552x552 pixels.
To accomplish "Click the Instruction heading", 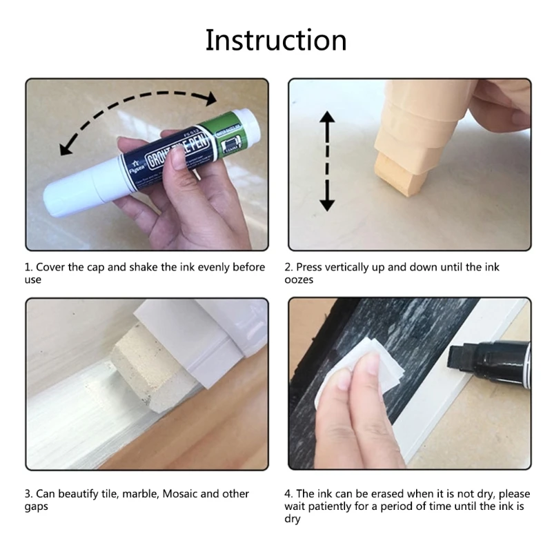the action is tap(276, 41).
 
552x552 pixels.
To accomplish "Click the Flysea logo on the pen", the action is tap(135, 166).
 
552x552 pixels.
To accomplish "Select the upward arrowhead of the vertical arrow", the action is tap(327, 117).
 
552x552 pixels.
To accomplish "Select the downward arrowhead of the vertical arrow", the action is tap(327, 204).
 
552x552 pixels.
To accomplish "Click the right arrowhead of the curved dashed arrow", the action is tap(211, 98).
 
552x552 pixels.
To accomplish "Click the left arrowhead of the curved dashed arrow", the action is tap(66, 148).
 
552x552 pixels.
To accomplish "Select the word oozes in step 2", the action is tap(299, 280).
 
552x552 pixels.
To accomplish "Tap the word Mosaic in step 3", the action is tap(179, 494).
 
